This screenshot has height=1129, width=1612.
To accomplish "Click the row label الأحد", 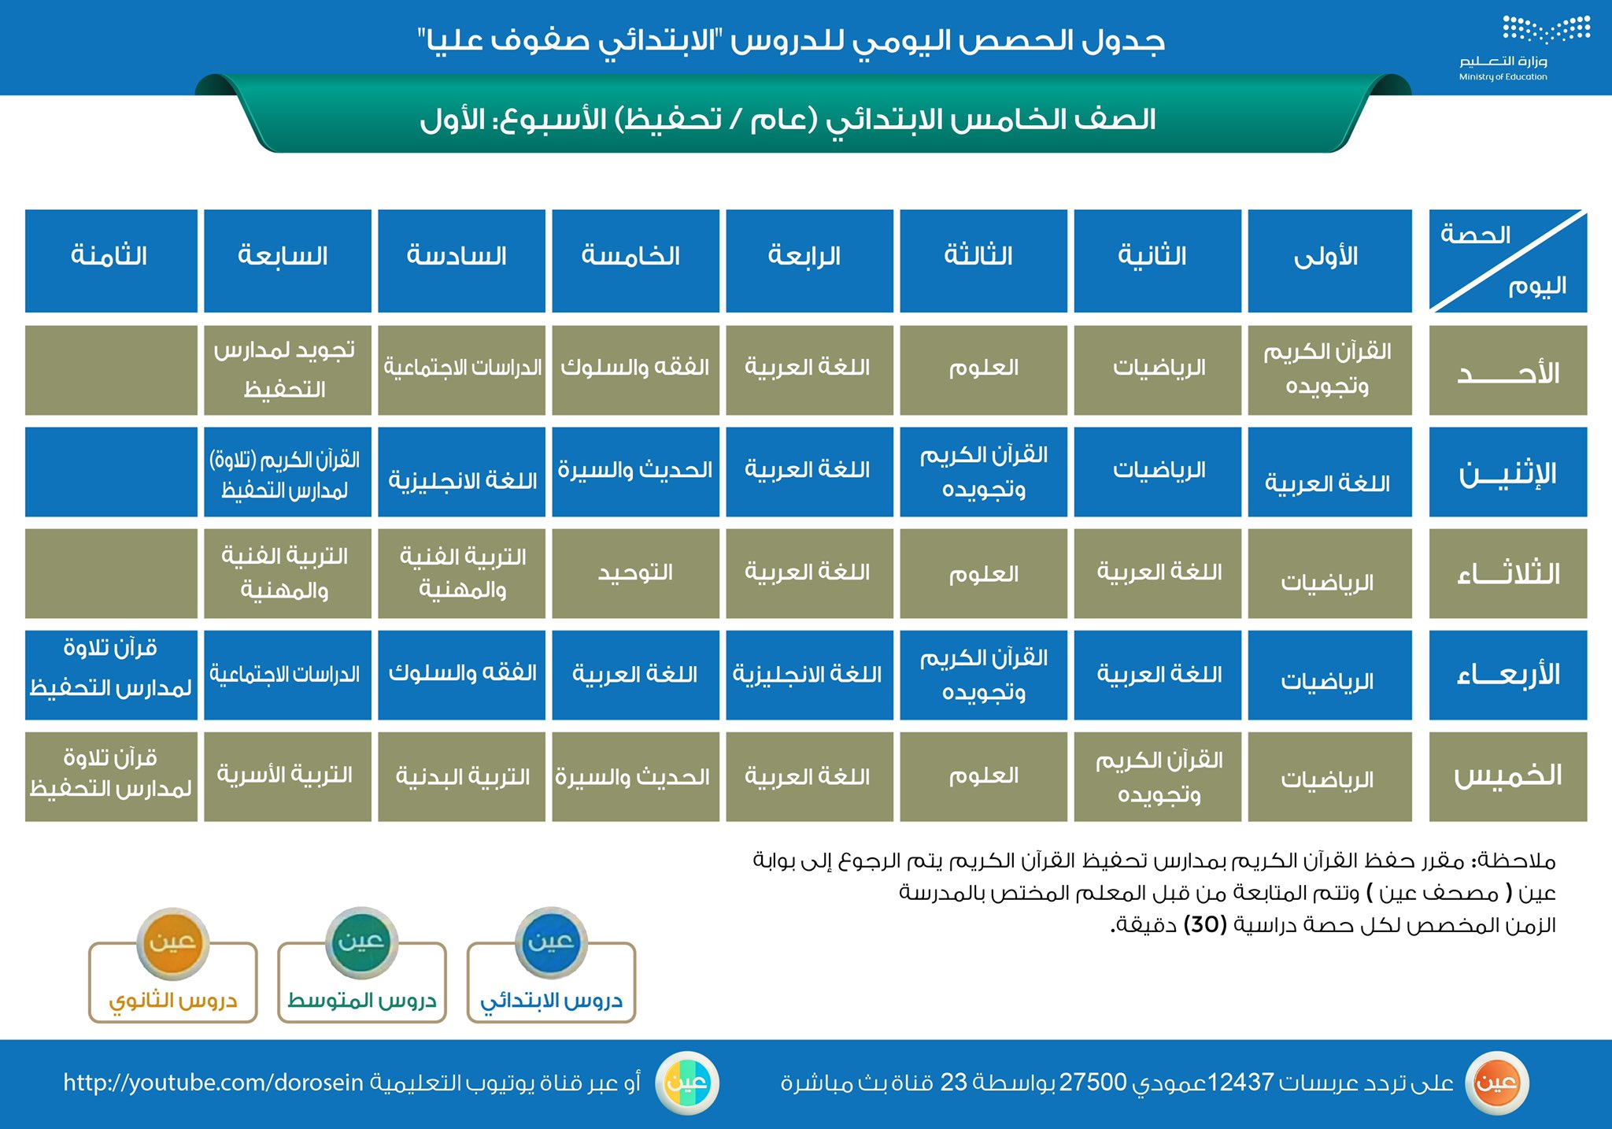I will (x=1507, y=371).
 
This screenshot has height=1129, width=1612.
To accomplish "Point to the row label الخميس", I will (x=1507, y=776).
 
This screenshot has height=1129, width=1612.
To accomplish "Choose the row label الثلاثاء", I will (x=1507, y=573).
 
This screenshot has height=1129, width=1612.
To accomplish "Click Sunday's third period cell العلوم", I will (x=983, y=369).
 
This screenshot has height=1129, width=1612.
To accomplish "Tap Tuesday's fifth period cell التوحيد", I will (x=635, y=573).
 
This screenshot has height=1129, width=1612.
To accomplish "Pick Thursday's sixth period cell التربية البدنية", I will (x=461, y=776).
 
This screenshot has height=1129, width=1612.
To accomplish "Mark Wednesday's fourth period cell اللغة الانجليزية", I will (x=809, y=675).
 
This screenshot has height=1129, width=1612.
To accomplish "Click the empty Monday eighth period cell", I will (x=111, y=472).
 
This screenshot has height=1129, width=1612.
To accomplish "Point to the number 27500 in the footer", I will (x=1093, y=1083).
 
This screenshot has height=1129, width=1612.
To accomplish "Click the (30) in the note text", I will (x=1204, y=925).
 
